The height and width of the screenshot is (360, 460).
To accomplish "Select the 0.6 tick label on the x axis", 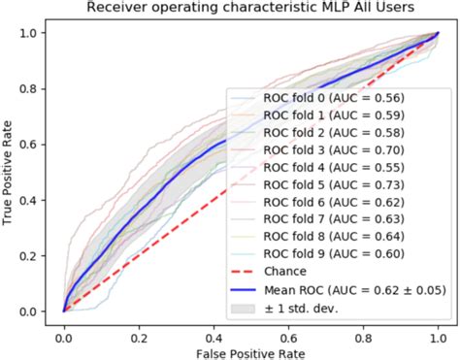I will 288,330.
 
